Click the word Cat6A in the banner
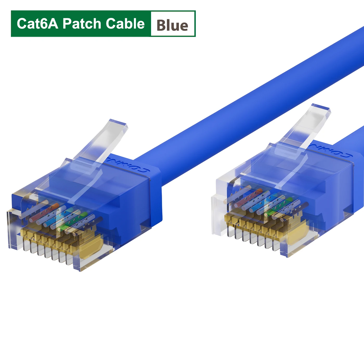pyautogui.click(x=37, y=24)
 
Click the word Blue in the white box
pyautogui.click(x=172, y=25)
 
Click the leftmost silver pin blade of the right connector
pyautogui.click(x=230, y=231)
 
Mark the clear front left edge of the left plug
pyautogui.click(x=12, y=229)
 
